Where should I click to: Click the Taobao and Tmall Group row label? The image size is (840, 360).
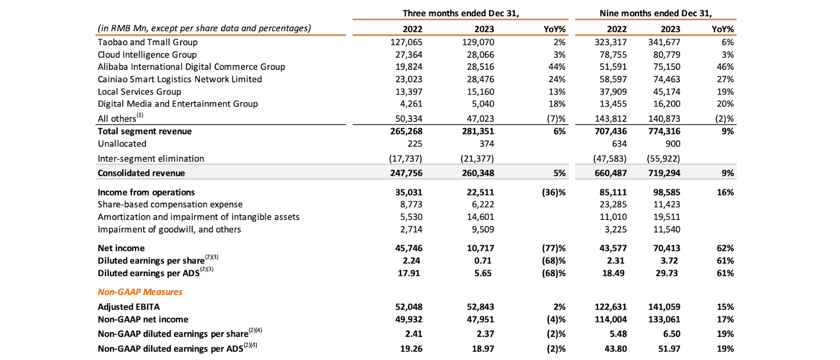(x=148, y=42)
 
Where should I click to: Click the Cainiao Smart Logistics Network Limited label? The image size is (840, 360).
(x=180, y=79)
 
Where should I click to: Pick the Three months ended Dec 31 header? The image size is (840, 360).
(x=460, y=13)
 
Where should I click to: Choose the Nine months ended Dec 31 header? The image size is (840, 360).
(x=656, y=13)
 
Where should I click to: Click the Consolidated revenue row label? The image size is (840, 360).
(x=141, y=173)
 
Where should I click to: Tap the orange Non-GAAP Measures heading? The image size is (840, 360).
(x=140, y=292)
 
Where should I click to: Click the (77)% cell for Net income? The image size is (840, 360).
(x=554, y=248)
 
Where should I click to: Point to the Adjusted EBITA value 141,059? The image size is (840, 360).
(x=664, y=307)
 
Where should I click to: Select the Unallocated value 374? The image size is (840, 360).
(x=486, y=144)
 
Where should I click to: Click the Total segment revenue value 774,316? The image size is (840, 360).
(x=664, y=131)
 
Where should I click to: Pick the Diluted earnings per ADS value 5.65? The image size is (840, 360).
(x=482, y=273)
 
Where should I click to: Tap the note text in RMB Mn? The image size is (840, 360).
(x=204, y=28)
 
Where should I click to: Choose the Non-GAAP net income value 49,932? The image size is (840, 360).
(x=408, y=319)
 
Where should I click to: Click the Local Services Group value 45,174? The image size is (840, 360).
(x=666, y=91)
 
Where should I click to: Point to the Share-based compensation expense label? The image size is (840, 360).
(x=170, y=204)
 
